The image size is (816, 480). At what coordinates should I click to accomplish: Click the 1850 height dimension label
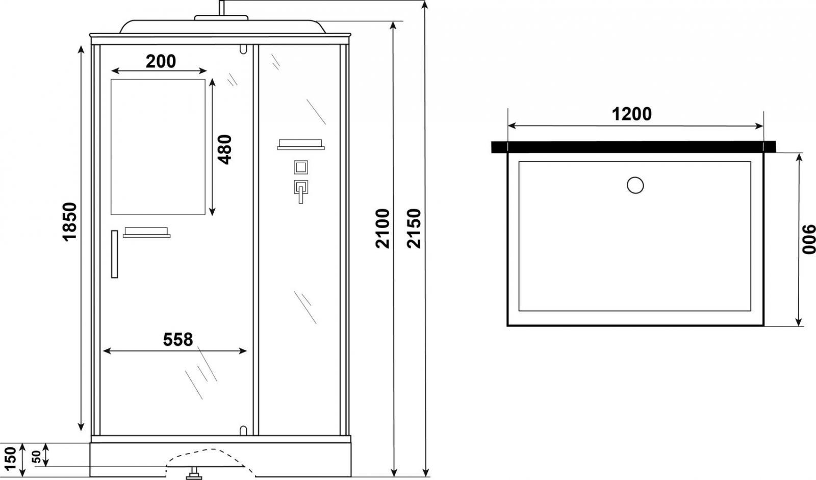tap(69, 221)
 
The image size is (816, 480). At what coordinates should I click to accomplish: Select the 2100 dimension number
tap(382, 229)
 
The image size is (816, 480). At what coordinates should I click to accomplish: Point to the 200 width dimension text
tap(161, 61)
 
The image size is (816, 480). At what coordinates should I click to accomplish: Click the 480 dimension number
tap(224, 149)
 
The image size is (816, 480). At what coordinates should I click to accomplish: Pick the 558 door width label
tap(178, 339)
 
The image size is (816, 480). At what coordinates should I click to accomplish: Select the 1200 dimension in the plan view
tap(632, 114)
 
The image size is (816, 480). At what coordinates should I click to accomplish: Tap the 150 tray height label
tap(11, 459)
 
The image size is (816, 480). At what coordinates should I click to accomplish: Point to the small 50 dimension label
tap(37, 456)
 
